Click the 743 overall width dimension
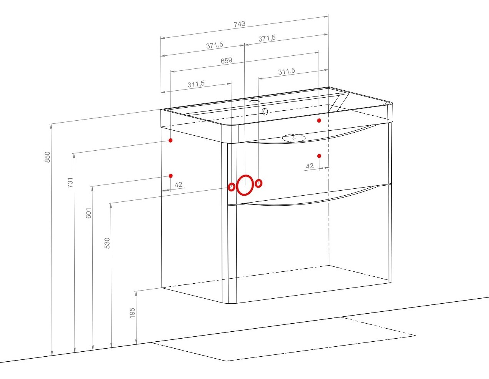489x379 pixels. (x=239, y=24)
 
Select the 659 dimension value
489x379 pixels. (x=226, y=60)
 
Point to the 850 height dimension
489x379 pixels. (x=47, y=157)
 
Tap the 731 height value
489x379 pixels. (x=70, y=183)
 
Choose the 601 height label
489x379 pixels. (x=88, y=213)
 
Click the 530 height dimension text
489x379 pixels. (x=107, y=243)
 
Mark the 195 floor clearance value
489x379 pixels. (x=132, y=313)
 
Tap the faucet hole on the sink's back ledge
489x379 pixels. (x=255, y=101)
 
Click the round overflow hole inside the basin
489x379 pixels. (x=265, y=111)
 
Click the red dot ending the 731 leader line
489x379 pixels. (x=170, y=140)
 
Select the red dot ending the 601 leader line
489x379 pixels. (x=171, y=176)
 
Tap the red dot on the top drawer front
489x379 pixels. (x=319, y=156)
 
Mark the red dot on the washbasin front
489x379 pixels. (x=319, y=120)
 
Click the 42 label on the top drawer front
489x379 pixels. (x=310, y=166)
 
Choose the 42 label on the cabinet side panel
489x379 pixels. (x=179, y=185)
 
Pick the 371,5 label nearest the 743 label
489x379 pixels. (x=267, y=38)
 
